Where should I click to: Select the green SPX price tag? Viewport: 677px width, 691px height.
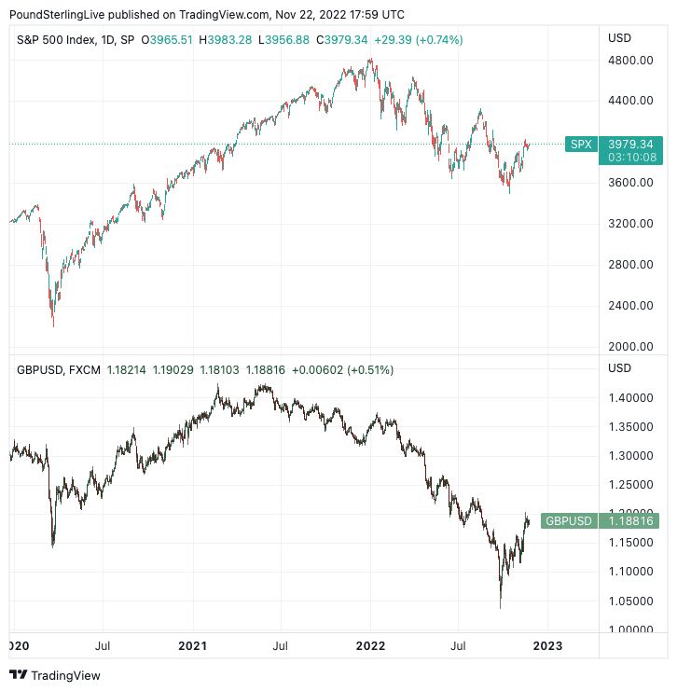[x=581, y=144]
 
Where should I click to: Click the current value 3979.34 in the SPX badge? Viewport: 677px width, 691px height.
[x=629, y=144]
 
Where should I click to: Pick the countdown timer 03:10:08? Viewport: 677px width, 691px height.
[x=629, y=158]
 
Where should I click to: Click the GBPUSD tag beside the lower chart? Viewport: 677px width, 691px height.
[x=568, y=521]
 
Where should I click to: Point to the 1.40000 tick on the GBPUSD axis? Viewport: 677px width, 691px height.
[x=630, y=397]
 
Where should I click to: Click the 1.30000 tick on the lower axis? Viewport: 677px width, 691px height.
[x=630, y=455]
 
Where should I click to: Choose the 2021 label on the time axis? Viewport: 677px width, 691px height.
[x=193, y=645]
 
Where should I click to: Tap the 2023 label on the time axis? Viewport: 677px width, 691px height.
[x=547, y=645]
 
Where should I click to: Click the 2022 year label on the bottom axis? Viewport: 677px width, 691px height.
[x=370, y=645]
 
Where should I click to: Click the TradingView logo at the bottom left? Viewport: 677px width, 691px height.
[x=55, y=675]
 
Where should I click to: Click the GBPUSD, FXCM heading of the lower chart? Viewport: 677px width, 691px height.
[x=58, y=370]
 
